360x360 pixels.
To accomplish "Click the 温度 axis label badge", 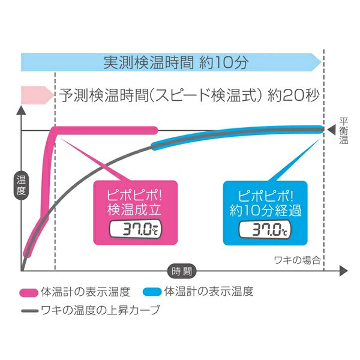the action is (x=21, y=186).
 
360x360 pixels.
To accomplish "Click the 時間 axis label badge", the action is (x=182, y=271).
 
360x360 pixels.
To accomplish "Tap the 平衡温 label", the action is (x=344, y=131).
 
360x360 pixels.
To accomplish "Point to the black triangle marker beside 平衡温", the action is (x=332, y=130).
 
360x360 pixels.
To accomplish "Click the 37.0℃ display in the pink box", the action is (x=136, y=229).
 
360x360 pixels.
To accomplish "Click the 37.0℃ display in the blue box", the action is (x=265, y=229).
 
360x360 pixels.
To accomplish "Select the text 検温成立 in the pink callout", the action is (x=134, y=209).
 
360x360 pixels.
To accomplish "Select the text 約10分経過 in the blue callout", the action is (x=265, y=210).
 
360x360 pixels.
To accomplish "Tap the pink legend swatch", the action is (x=29, y=293).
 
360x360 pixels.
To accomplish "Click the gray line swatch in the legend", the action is (x=29, y=311).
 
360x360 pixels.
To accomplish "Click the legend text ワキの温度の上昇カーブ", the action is (x=100, y=310).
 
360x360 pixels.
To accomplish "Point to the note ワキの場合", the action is (x=297, y=260).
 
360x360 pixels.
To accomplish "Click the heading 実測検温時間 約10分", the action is (x=176, y=62).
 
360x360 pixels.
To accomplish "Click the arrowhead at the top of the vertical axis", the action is (x=21, y=110).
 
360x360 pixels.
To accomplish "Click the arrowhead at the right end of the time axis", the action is (x=343, y=271).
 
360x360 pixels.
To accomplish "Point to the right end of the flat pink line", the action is (x=155, y=130).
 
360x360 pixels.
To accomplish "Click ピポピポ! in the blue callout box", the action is (x=266, y=196).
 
